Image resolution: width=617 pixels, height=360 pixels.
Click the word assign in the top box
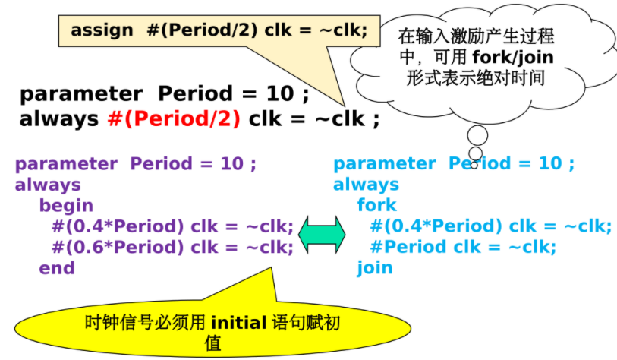pos(102,30)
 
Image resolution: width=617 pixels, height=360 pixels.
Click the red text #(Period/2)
pos(174,119)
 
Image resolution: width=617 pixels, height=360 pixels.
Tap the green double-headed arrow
pos(322,235)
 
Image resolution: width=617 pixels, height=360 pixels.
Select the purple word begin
pos(66,206)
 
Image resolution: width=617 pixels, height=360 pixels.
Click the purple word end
pos(57,268)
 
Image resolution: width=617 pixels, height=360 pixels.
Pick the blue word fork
pos(376,205)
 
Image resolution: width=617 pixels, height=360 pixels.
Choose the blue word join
pos(375,268)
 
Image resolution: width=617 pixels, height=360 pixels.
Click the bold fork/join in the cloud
pos(513,58)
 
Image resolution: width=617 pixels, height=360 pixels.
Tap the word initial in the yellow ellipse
pos(239,323)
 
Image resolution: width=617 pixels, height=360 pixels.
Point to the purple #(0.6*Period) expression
pos(118,248)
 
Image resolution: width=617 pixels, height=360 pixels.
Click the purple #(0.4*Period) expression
pos(118,226)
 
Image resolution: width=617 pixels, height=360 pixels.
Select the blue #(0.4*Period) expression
pos(436,226)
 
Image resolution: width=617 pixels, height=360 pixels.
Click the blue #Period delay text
pos(409,247)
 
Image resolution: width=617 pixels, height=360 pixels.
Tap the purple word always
pos(48,185)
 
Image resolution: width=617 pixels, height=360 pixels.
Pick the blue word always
pos(366,185)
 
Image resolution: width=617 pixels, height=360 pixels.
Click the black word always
pos(58,119)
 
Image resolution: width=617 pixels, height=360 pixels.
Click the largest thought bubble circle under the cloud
pos(477,135)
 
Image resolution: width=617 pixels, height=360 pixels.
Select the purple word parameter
pos(66,164)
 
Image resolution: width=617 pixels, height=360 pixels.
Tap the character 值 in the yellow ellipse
pos(213,343)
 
